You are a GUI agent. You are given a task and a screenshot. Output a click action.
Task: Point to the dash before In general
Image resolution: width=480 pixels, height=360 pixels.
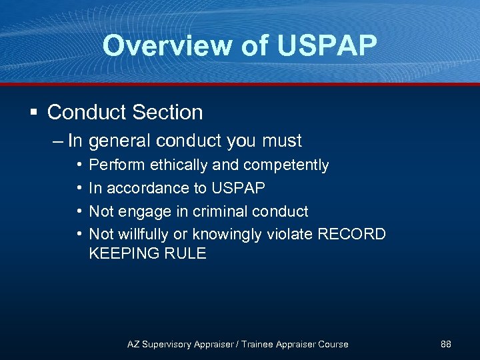click(57, 141)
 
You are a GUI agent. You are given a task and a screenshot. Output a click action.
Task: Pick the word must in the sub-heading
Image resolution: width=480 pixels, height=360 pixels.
click(282, 141)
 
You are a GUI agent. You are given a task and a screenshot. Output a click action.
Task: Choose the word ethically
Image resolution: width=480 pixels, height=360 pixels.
click(177, 165)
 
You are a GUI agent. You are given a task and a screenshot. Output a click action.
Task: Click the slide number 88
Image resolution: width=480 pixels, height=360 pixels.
click(446, 344)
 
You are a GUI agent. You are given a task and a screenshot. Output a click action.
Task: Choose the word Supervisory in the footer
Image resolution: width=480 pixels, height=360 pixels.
click(170, 344)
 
